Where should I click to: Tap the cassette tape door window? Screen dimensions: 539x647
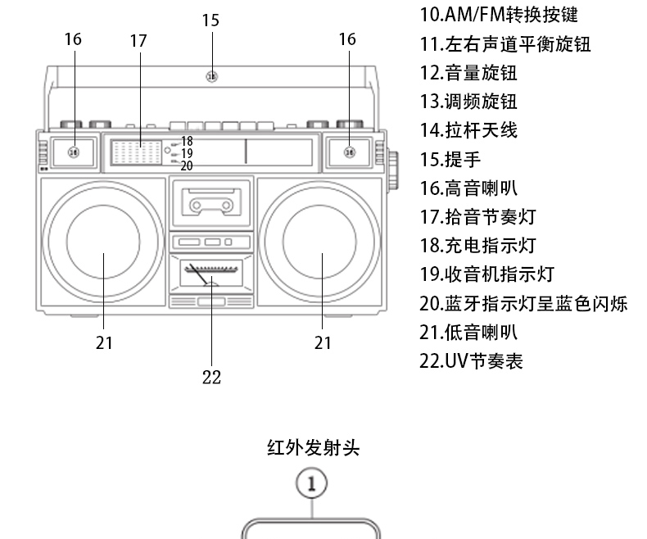212,200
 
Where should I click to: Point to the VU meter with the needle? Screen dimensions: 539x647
211,272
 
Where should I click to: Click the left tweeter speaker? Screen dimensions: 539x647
73,152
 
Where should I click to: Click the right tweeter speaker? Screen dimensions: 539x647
349,152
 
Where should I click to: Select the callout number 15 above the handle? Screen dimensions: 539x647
210,20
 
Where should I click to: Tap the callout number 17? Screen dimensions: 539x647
138,39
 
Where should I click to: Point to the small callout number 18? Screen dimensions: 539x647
187,142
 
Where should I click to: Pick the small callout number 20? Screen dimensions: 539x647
187,165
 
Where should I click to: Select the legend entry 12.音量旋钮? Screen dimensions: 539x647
468,72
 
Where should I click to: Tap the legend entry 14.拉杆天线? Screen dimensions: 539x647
468,130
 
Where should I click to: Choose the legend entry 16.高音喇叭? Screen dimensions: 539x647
468,188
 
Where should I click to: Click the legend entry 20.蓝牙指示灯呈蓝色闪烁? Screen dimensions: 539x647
523,303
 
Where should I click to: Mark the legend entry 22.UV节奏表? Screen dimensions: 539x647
471,360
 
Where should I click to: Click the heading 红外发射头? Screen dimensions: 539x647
313,447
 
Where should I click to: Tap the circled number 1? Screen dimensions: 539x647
312,482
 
